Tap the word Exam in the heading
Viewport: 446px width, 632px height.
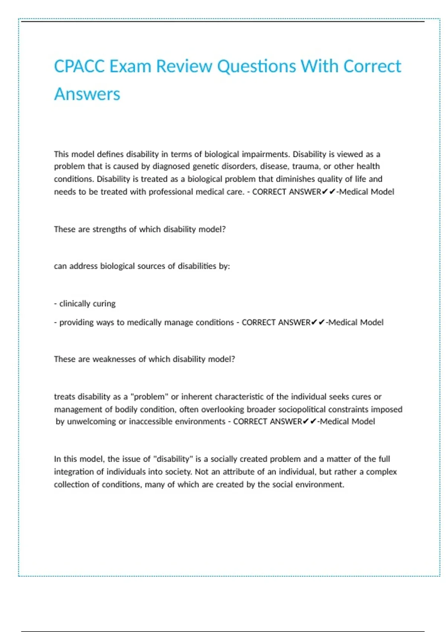click(x=130, y=67)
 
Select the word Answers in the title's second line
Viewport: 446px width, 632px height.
click(x=87, y=94)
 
